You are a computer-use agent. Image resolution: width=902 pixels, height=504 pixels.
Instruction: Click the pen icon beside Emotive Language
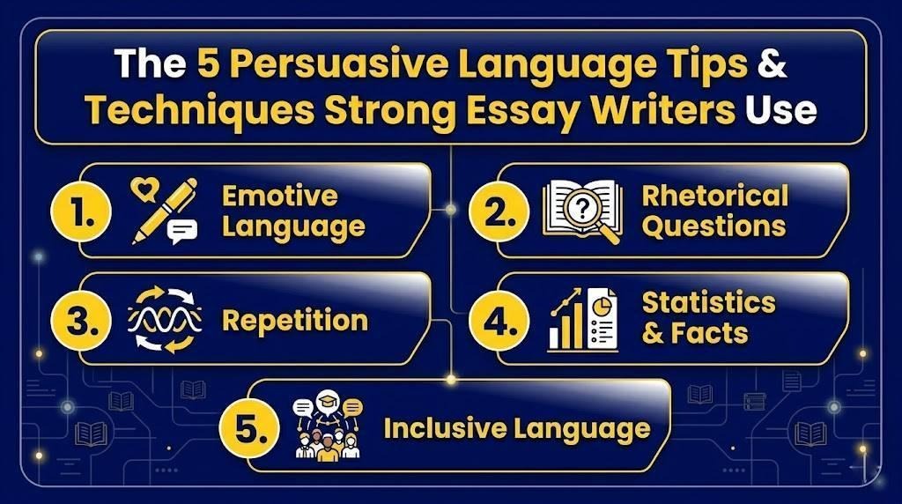[x=164, y=211]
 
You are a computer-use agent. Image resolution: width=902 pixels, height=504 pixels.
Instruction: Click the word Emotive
[x=279, y=195]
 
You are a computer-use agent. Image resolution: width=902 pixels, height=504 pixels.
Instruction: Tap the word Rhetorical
[x=714, y=195]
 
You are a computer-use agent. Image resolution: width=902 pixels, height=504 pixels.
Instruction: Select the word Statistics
[x=708, y=303]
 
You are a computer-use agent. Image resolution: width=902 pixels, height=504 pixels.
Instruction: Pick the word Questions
[x=713, y=226]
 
